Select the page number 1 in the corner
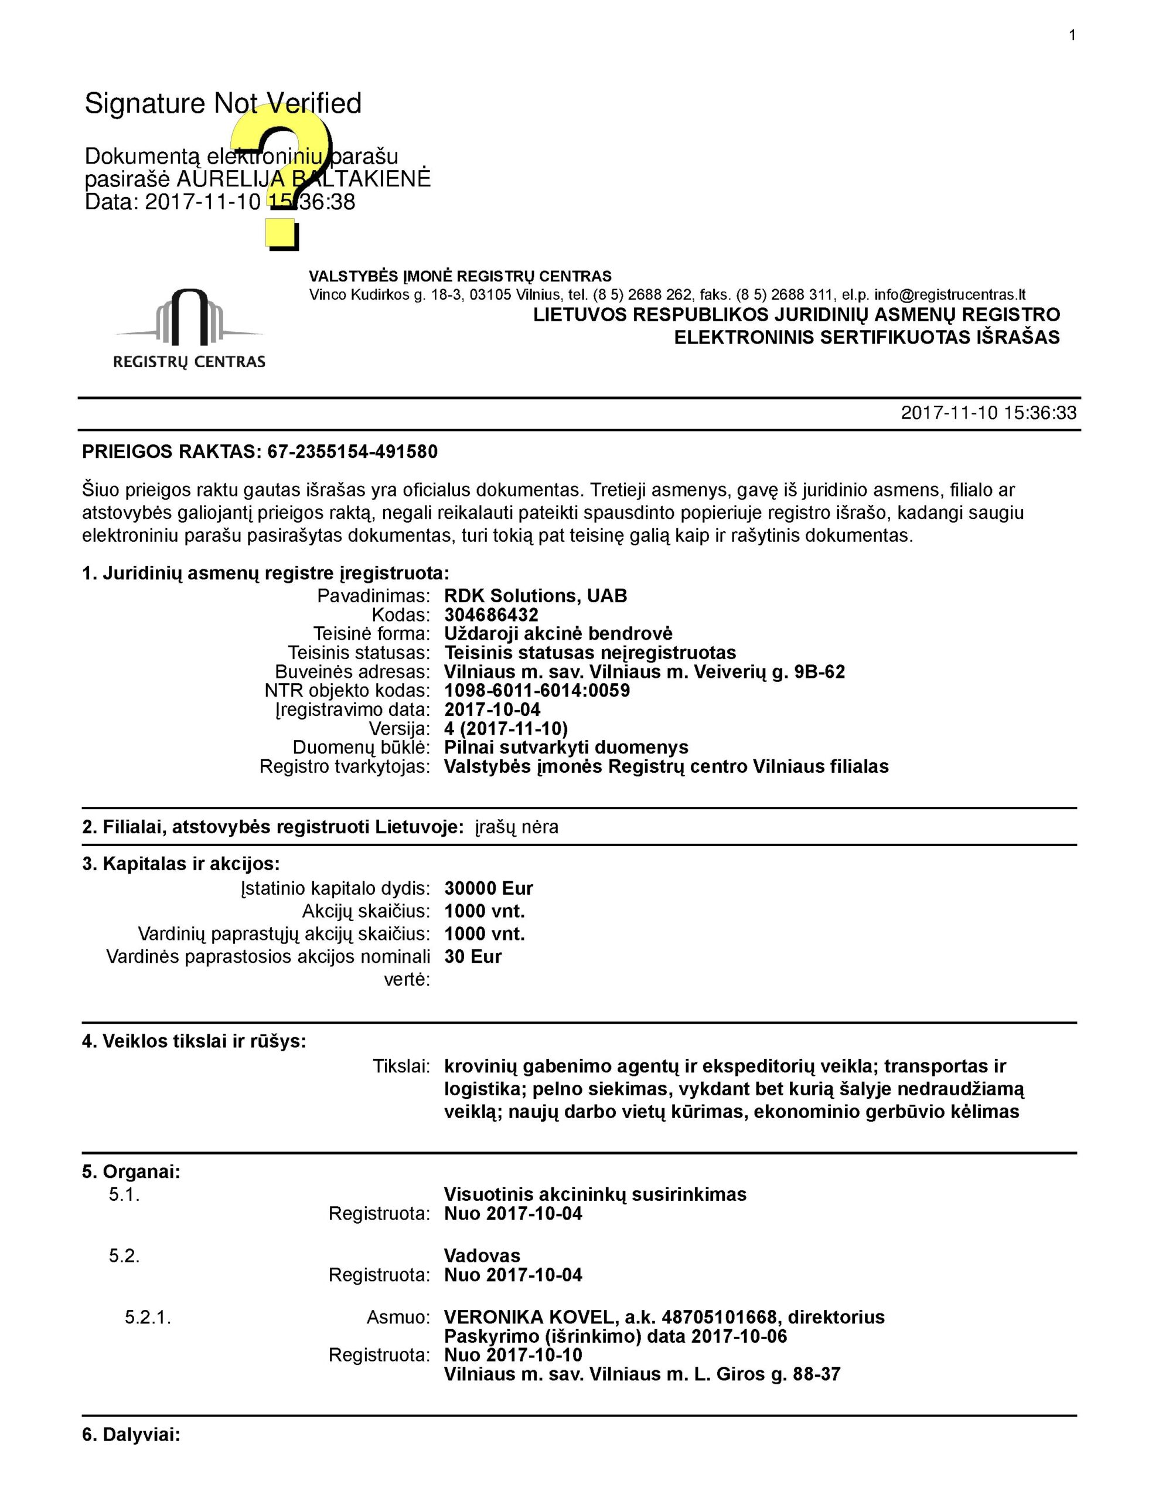(1072, 36)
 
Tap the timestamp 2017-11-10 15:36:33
(988, 413)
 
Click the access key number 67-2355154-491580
(352, 452)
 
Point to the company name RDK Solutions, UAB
(535, 596)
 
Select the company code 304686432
(490, 615)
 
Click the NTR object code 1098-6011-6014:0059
(537, 691)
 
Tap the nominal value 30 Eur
(473, 957)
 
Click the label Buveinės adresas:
(352, 671)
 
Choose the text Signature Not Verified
(223, 104)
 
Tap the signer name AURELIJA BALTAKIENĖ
(303, 179)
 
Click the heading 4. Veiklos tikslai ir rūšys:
(194, 1041)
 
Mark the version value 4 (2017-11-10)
(506, 728)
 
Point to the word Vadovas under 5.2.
(482, 1256)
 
